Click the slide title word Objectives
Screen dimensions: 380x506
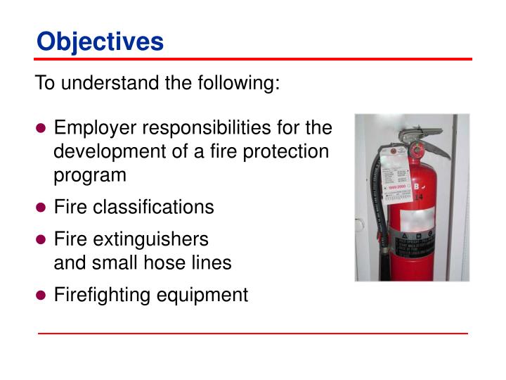[100, 42]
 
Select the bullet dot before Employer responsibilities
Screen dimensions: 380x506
[41, 129]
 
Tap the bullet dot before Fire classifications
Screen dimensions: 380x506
[41, 208]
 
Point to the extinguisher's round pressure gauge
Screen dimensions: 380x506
[417, 149]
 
